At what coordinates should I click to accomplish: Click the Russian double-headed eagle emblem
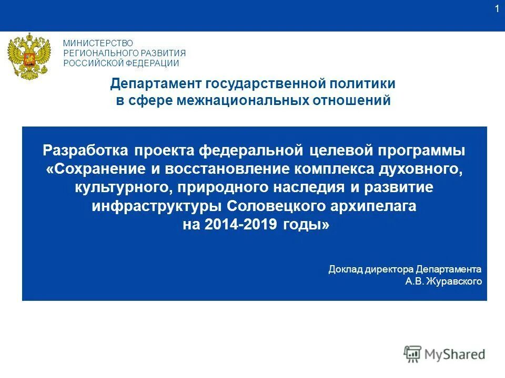point(29,57)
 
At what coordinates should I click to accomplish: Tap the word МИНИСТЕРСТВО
point(98,43)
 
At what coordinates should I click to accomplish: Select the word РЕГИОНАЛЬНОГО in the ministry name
point(100,53)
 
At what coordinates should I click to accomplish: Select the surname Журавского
point(453,282)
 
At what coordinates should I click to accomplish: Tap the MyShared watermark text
point(455,354)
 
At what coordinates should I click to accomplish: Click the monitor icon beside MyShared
point(413,354)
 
